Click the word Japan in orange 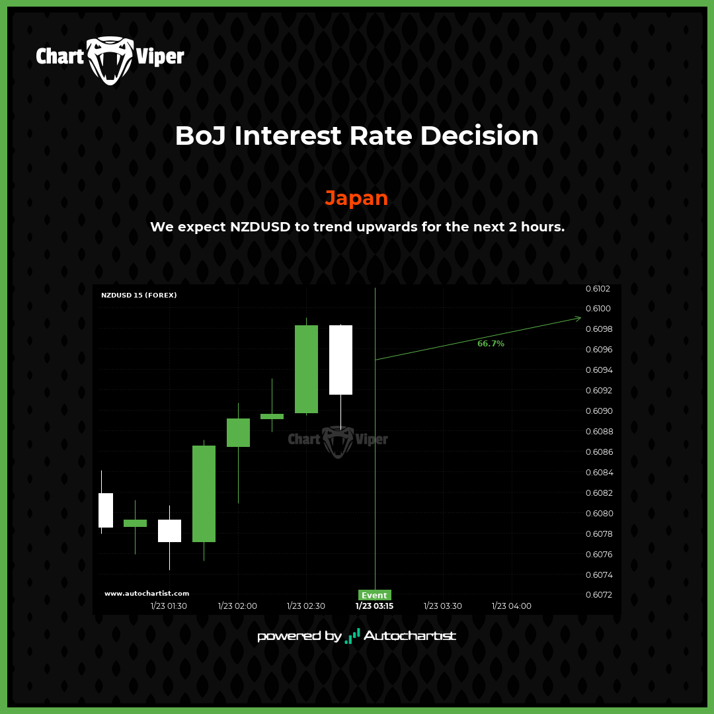tap(356, 198)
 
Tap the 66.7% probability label tap(491, 343)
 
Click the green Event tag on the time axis tap(374, 595)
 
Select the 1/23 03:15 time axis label tap(374, 606)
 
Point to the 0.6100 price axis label tap(598, 309)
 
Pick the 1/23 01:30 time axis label tap(169, 606)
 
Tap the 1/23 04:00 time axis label tap(511, 606)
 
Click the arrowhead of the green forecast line tap(578, 318)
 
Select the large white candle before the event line tap(340, 360)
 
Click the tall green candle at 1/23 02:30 tap(307, 369)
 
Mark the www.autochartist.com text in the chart tap(147, 593)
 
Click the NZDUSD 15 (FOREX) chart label tap(139, 295)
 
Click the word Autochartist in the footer tap(409, 636)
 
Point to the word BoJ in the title tap(200, 136)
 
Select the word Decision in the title tap(479, 136)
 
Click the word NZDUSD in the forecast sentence tap(260, 227)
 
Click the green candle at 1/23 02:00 tap(238, 432)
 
